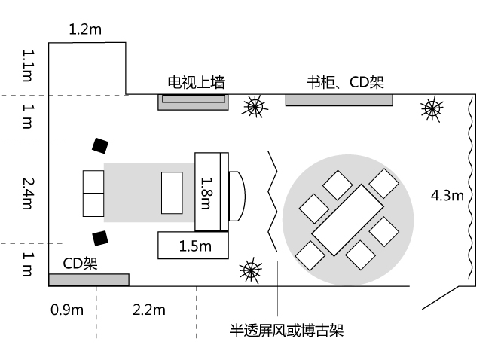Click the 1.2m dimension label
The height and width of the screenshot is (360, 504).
84,30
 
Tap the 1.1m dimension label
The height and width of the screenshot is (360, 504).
28,66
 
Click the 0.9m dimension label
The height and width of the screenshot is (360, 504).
67,310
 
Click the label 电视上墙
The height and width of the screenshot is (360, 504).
196,82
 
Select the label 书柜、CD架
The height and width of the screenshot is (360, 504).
345,82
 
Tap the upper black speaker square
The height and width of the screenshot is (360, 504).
101,145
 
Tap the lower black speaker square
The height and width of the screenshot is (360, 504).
100,238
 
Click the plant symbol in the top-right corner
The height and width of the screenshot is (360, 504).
432,109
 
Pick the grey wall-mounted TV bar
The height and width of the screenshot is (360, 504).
193,101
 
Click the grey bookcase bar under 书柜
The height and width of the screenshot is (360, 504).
339,100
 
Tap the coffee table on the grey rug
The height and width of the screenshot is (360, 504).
172,193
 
